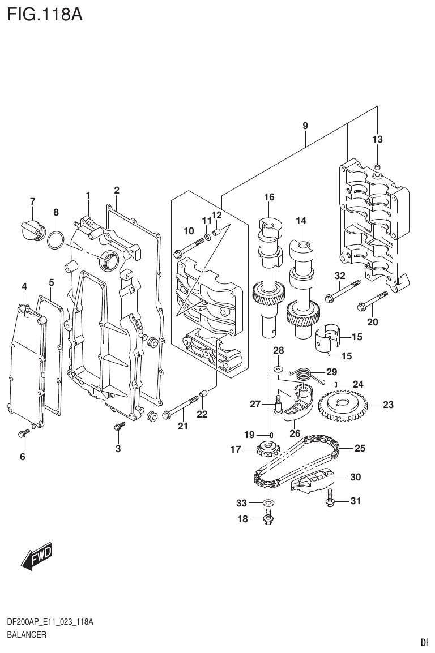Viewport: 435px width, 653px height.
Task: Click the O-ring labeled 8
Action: tap(55, 240)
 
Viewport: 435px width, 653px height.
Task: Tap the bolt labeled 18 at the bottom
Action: tap(269, 517)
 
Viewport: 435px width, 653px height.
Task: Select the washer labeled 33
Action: tap(268, 501)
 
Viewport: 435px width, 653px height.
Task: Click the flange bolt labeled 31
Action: tap(330, 499)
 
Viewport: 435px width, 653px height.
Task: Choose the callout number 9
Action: tap(305, 126)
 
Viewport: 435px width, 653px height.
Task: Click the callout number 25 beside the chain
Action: tap(360, 449)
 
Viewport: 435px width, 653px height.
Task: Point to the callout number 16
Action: tap(268, 197)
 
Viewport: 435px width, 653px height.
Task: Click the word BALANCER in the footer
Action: tap(26, 634)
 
